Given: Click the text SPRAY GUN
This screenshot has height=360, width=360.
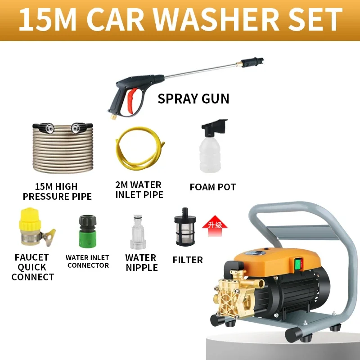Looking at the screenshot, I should [193, 99].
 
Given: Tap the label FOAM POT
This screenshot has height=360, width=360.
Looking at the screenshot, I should [212, 187].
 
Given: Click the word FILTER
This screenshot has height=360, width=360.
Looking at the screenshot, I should [188, 260].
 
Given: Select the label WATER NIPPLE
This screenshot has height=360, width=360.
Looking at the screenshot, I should [141, 263].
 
